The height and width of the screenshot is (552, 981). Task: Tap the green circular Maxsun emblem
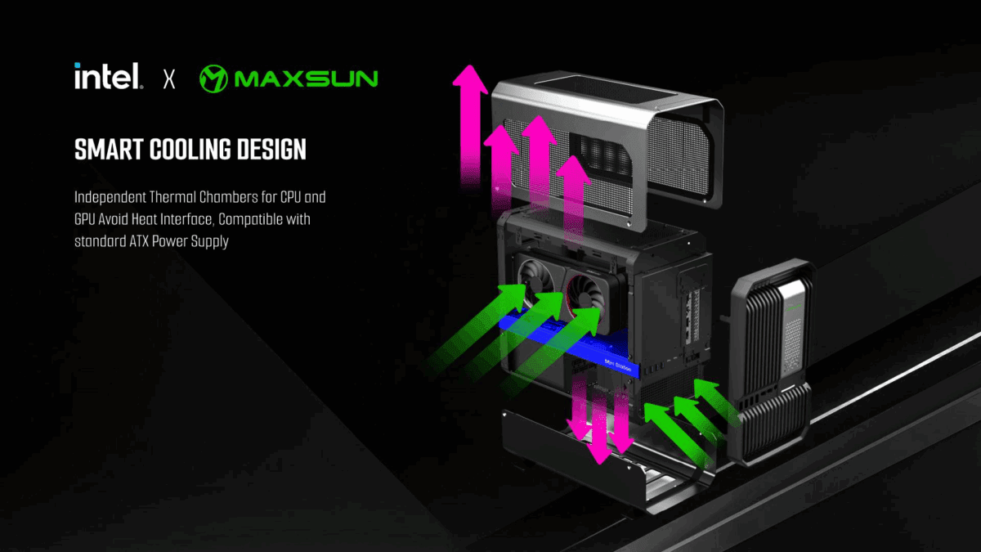pyautogui.click(x=213, y=79)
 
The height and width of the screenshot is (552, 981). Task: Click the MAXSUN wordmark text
pyautogui.click(x=306, y=79)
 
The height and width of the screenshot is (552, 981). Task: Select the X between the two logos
pyautogui.click(x=169, y=79)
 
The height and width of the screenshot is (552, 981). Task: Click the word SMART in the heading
pyautogui.click(x=109, y=150)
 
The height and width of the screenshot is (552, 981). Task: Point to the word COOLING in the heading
pyautogui.click(x=190, y=150)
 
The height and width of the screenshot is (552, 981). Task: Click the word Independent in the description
pyautogui.click(x=110, y=198)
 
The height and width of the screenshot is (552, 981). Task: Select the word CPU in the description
pyautogui.click(x=290, y=197)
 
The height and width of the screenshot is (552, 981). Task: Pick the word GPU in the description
pyautogui.click(x=84, y=219)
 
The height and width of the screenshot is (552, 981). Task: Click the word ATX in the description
pyautogui.click(x=139, y=241)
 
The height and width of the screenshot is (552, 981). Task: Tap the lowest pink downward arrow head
pyautogui.click(x=599, y=453)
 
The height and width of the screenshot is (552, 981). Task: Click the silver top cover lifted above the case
pyautogui.click(x=607, y=149)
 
